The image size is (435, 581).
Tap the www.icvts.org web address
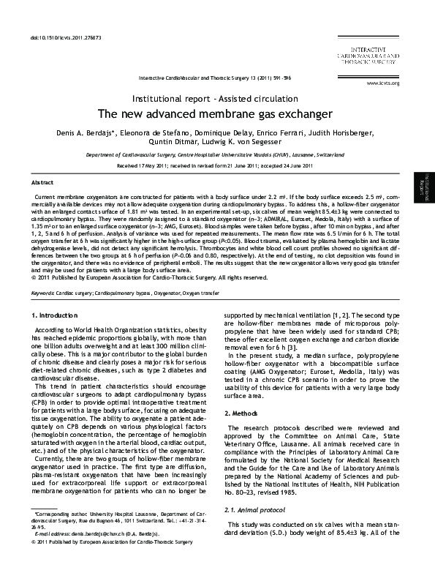(384, 83)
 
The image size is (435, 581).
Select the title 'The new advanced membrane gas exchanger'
(217, 114)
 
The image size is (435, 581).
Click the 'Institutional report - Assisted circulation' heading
(217, 97)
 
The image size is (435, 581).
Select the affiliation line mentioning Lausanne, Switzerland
(217, 156)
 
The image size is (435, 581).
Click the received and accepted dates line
(217, 165)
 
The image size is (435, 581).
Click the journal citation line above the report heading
(216, 76)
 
